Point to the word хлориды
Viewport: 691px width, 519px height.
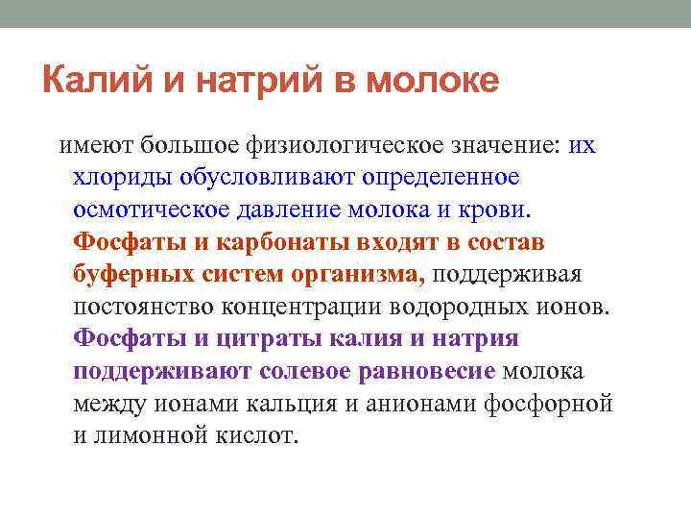tap(119, 178)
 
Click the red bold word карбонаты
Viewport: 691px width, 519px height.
tap(279, 242)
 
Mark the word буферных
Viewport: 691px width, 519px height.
tap(133, 275)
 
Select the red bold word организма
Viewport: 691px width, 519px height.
tap(355, 275)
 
